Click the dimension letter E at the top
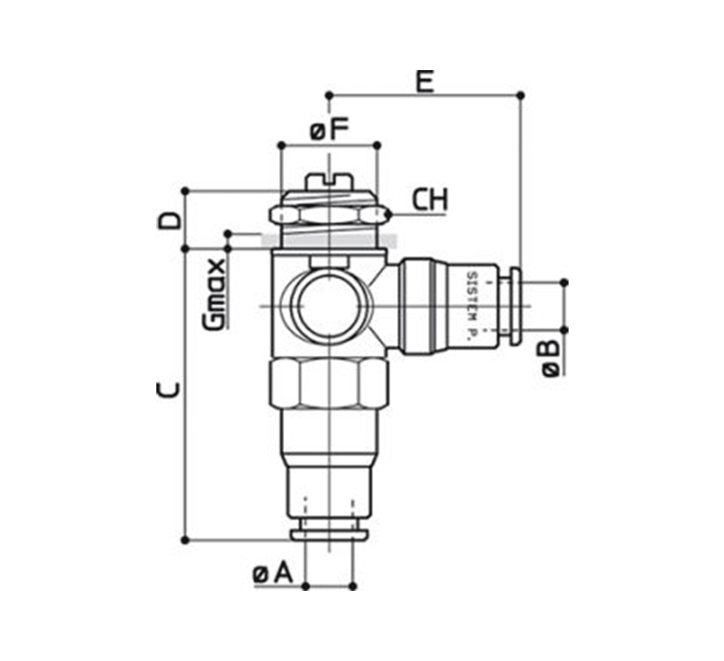point(425,82)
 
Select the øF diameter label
point(330,129)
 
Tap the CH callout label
point(429,200)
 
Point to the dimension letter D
point(170,221)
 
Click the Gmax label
point(215,294)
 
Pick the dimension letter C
point(167,390)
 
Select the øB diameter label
point(552,358)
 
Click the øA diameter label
point(273,574)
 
